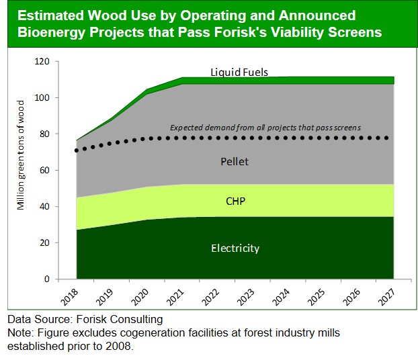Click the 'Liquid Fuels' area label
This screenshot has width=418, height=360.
click(239, 72)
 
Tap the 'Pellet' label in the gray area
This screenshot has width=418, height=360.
click(235, 161)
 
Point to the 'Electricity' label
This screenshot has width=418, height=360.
click(235, 249)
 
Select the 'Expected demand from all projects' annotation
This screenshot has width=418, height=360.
click(265, 127)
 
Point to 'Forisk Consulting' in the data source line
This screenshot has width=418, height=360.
click(120, 320)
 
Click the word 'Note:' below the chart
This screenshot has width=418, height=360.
click(22, 332)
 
